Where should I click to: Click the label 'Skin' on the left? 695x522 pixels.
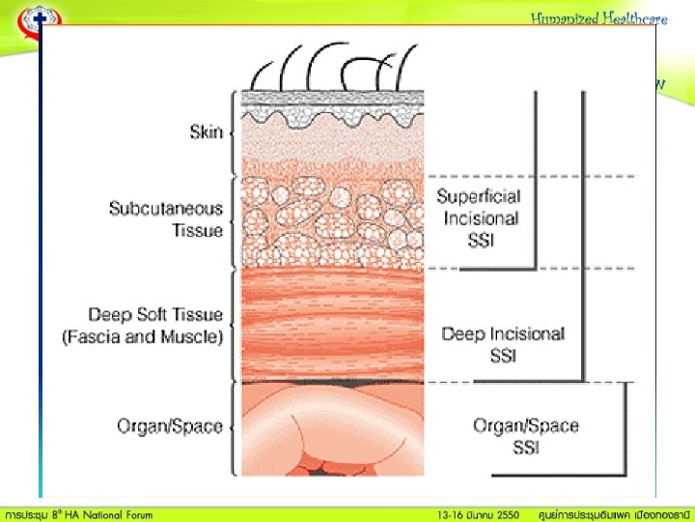[205, 132]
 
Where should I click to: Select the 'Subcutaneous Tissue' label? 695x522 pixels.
[165, 219]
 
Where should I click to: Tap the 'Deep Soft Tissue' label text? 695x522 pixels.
[155, 314]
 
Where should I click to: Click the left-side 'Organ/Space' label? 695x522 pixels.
[170, 425]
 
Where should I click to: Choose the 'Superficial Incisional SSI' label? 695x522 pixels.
[479, 217]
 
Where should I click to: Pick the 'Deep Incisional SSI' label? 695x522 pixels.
[502, 344]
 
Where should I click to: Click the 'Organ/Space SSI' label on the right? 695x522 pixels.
[525, 436]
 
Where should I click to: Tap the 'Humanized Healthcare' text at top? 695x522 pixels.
[598, 18]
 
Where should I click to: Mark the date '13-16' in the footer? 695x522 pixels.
[450, 512]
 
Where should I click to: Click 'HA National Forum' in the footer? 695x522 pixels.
[110, 512]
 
